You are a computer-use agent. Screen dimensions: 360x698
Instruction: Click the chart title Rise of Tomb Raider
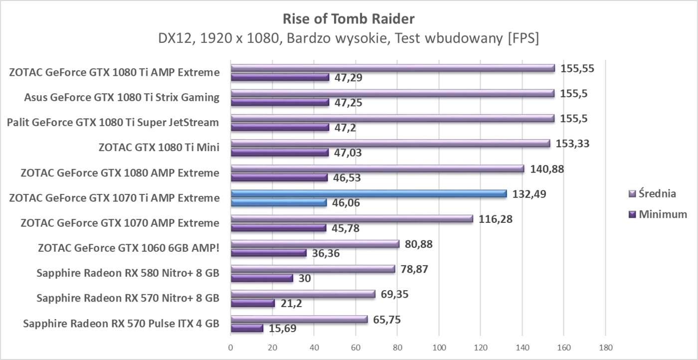pos(349,19)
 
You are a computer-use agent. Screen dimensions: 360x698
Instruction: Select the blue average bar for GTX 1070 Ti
pos(368,193)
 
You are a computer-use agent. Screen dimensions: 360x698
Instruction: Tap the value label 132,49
pos(529,193)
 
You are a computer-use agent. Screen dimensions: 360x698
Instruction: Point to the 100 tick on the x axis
pos(439,347)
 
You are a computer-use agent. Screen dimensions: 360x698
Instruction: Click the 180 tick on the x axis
pos(605,347)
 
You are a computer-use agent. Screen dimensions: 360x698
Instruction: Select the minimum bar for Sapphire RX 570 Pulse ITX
pos(247,328)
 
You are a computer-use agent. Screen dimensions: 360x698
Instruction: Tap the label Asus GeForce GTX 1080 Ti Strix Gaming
pos(122,97)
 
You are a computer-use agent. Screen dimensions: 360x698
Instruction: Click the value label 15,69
pos(282,329)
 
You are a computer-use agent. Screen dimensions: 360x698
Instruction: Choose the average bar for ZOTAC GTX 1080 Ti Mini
pos(390,144)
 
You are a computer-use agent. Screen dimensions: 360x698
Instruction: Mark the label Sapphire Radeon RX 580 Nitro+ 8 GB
pos(128,273)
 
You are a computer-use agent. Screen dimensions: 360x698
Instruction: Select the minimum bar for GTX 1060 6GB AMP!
pos(268,253)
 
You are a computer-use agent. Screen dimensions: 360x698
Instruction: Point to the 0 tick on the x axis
pos(231,347)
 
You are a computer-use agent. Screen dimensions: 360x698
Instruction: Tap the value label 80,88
pos(419,244)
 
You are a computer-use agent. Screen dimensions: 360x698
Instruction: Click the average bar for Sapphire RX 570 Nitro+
pos(303,294)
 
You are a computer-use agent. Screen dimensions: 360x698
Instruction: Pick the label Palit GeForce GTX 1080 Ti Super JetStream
pos(113,122)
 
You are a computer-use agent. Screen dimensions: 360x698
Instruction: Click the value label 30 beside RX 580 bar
pos(305,278)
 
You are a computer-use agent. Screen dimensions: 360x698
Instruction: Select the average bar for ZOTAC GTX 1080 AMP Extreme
pos(377,169)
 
